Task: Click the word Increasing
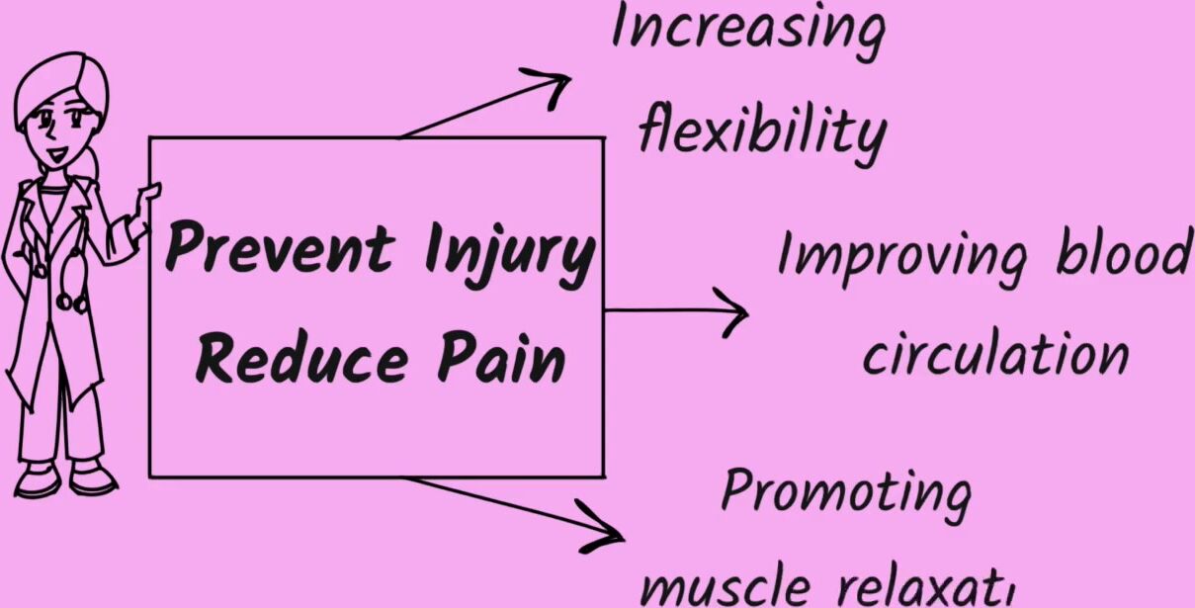pos(747,31)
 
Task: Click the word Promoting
pos(845,492)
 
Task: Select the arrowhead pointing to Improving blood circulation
pos(735,311)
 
